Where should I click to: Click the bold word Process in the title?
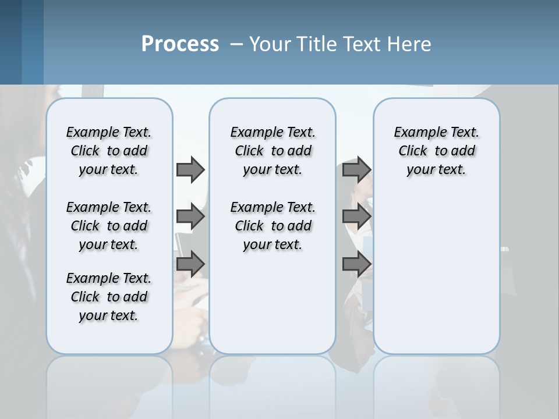coord(180,44)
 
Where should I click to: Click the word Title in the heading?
coord(314,44)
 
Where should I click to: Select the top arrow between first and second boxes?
coord(190,169)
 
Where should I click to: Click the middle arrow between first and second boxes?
coord(190,216)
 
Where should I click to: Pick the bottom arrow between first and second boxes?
coord(190,264)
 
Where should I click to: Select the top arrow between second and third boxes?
coord(356,169)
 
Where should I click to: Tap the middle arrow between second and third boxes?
coord(356,216)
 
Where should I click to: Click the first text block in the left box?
coord(109,151)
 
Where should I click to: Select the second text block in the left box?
coord(109,226)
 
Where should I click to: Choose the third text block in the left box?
coord(109,297)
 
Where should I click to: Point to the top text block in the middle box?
coord(273,151)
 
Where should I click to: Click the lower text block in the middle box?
coord(273,226)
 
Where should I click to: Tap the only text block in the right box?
coord(436,151)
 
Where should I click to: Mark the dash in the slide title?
coord(236,44)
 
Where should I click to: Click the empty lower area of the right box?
coord(436,274)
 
